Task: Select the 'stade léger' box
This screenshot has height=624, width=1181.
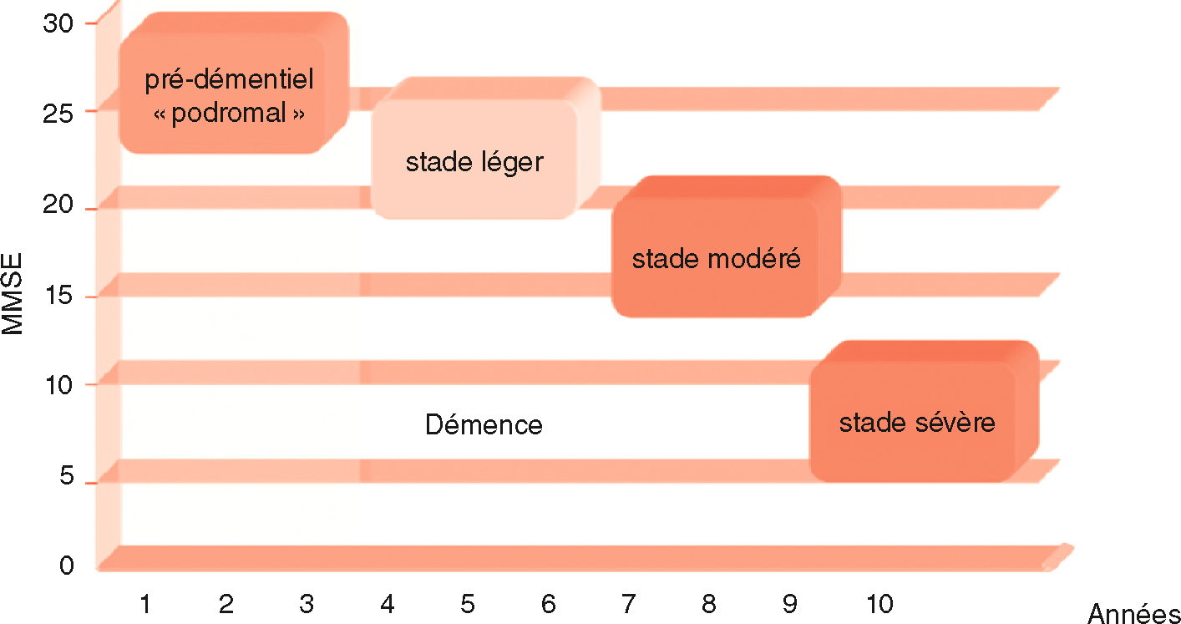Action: pos(474,160)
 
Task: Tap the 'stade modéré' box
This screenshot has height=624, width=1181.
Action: pos(716,258)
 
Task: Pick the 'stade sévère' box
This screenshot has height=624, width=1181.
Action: pos(916,422)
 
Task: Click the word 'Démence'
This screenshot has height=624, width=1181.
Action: pos(484,425)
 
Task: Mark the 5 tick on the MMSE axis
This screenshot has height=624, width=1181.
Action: pos(67,477)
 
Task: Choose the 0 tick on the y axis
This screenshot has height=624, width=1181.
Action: pos(67,566)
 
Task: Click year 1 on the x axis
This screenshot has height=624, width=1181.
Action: pos(145,603)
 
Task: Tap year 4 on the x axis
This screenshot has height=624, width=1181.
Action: pos(387,603)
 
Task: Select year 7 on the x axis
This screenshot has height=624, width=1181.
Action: pos(628,603)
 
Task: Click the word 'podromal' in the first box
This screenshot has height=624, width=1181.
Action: pos(229,114)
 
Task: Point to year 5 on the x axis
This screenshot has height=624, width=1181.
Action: pos(468,603)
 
